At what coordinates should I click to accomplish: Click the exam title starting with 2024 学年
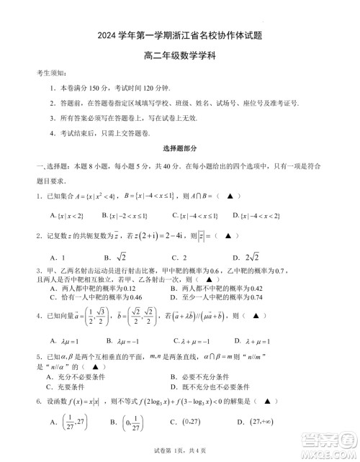tap(180, 33)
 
